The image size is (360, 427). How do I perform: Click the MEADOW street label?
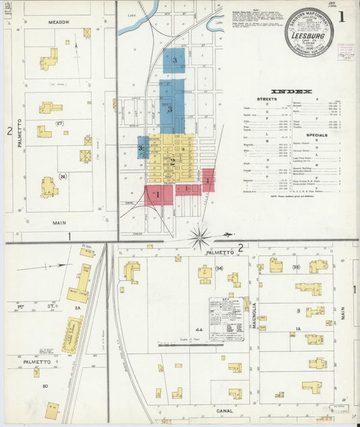coord(59,22)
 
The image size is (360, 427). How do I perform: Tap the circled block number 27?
coord(59,123)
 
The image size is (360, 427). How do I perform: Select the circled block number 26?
coord(63,176)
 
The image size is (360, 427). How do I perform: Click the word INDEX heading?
coord(291,91)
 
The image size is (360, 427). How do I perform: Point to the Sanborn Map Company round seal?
coord(308,32)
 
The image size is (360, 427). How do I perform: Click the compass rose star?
coord(200,237)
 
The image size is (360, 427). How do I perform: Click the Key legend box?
coord(226,318)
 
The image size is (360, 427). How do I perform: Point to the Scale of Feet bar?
coord(190,344)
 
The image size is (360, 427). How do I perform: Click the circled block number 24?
coord(219,268)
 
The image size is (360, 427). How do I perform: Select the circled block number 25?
coord(295,268)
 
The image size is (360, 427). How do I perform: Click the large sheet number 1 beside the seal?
coord(341,17)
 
